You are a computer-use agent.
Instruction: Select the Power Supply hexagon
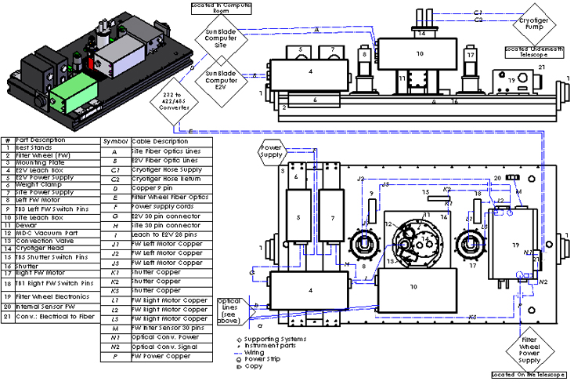[270, 150]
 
